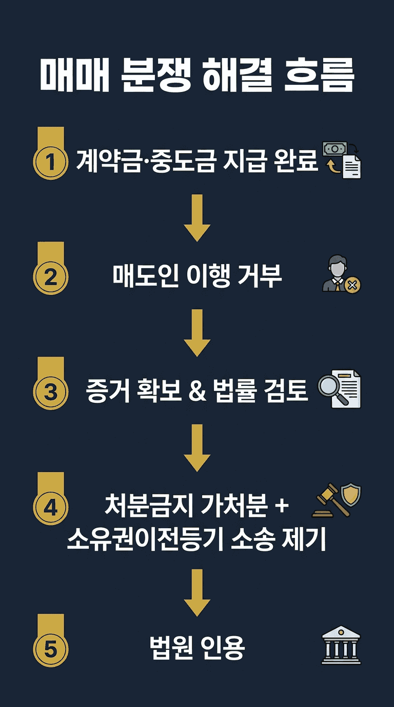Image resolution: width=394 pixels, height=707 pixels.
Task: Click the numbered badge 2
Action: coord(50,277)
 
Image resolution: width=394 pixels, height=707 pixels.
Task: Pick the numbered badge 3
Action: coord(50,393)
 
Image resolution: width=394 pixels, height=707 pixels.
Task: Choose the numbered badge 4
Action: coord(50,508)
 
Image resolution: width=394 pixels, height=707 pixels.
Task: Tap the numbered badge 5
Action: coord(50,649)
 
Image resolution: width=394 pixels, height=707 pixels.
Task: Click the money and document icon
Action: coord(341,160)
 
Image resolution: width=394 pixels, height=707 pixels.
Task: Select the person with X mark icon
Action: coord(341,276)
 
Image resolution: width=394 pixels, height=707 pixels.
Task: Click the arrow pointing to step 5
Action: coord(197,592)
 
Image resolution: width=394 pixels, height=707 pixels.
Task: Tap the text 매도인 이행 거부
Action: coord(197,276)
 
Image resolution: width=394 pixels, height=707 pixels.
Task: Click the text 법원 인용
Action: coord(197,648)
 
